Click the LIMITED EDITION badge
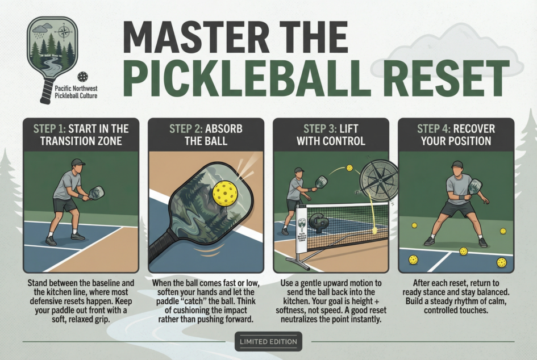click(268, 341)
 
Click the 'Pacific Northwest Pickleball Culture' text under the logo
click(73, 92)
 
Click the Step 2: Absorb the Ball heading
click(206, 135)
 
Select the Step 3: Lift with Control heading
click(331, 135)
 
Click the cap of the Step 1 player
click(78, 162)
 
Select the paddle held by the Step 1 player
click(97, 192)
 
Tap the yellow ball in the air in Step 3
click(349, 168)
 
